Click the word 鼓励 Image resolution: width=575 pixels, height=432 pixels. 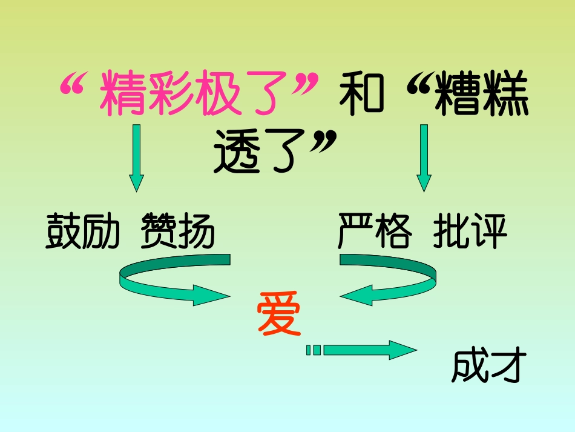coord(83,231)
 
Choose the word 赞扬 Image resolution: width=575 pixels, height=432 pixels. coord(178,231)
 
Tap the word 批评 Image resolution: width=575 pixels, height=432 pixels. coord(470,231)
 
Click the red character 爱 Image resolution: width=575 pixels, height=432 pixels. coord(279,313)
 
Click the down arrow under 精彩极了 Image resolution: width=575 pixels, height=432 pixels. coord(137,158)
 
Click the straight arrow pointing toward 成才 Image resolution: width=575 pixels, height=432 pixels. coord(363,350)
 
